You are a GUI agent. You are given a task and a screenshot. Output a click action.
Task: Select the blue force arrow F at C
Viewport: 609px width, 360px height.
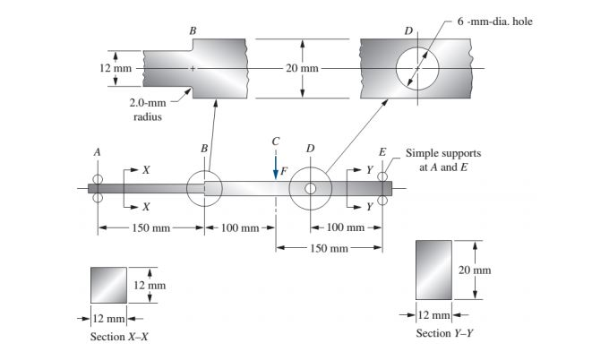[x=276, y=167]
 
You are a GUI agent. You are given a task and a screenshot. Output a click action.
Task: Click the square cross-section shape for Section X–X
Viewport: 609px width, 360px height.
[x=108, y=286]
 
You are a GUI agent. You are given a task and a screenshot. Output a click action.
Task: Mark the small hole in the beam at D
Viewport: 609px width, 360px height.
[x=310, y=188]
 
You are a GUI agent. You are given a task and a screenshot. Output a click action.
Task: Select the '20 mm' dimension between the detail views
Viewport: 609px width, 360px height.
[x=302, y=69]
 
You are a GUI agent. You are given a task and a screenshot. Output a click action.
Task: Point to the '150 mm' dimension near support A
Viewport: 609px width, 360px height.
[x=150, y=228]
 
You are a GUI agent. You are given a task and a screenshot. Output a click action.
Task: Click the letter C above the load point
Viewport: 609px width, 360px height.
[x=276, y=142]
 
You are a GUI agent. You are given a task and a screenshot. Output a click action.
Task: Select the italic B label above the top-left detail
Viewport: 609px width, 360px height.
[x=193, y=31]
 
